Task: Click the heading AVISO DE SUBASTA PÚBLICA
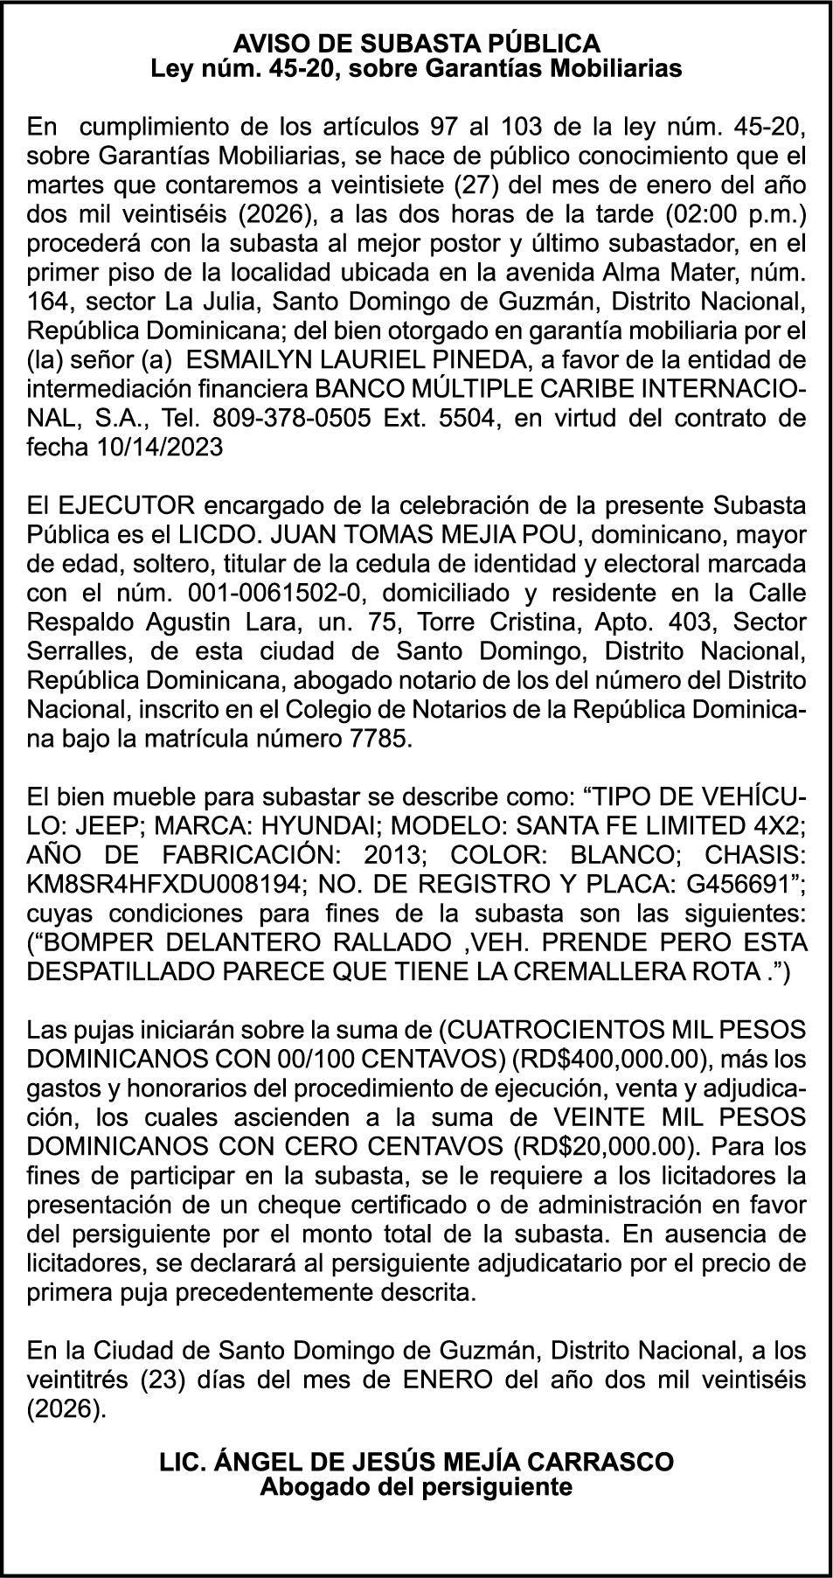pos(416,43)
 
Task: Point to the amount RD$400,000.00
pos(610,1059)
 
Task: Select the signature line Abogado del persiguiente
pos(416,1486)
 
